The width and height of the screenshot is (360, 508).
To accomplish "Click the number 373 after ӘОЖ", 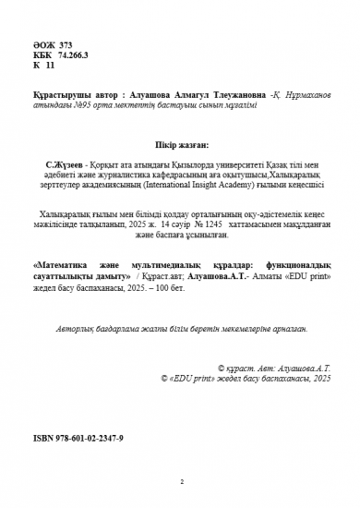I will tap(66, 43).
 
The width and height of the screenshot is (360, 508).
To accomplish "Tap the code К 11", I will tap(43, 66).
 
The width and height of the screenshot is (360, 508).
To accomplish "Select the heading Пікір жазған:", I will tap(180, 142).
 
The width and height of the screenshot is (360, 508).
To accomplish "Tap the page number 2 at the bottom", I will tap(182, 482).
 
